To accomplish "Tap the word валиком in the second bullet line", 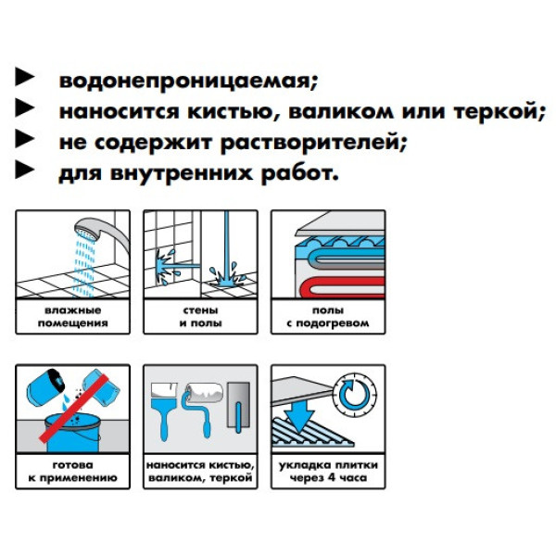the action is click(x=341, y=111).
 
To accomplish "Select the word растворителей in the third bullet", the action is click(x=311, y=143).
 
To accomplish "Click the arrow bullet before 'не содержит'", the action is click(x=25, y=139).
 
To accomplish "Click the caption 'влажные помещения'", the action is click(x=73, y=317).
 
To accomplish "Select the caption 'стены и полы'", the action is click(x=201, y=317).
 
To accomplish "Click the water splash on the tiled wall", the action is click(x=167, y=265).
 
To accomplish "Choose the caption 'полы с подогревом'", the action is click(x=328, y=317).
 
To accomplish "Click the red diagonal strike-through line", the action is click(x=73, y=409).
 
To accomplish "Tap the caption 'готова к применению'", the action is click(x=72, y=472).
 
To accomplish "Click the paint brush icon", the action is click(x=163, y=411).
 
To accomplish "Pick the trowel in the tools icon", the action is click(x=239, y=407).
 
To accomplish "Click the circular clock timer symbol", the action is click(x=355, y=395).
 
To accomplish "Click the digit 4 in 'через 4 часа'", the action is click(x=332, y=477).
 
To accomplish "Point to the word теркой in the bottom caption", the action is click(x=231, y=477).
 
